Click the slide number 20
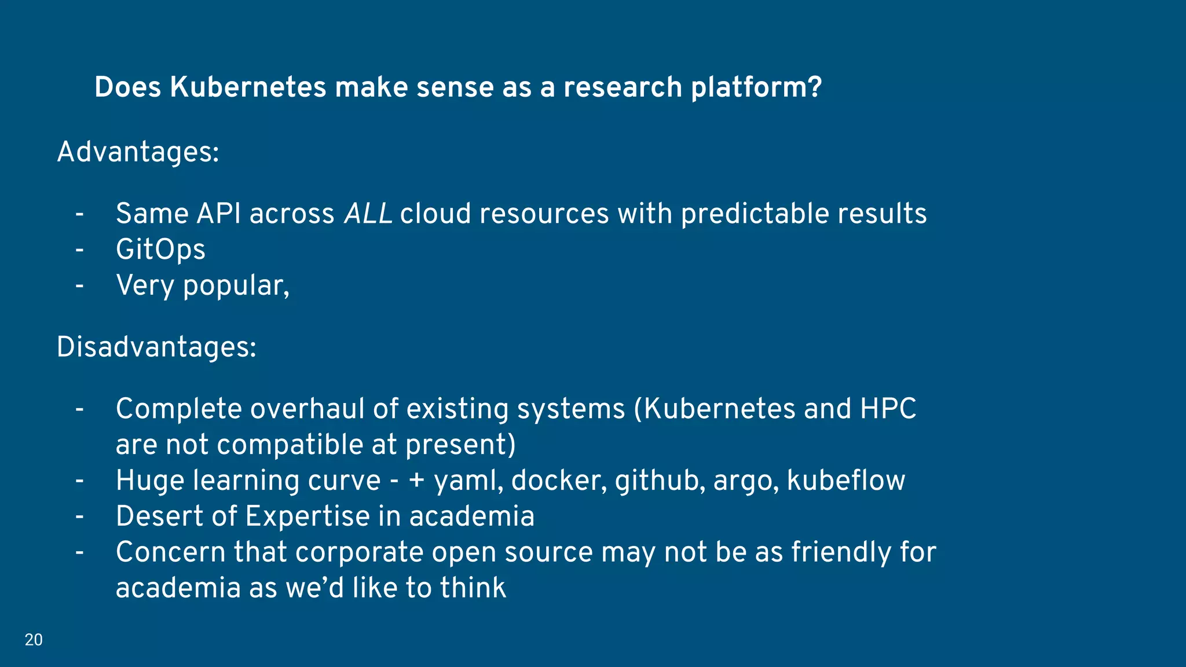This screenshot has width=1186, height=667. [x=34, y=640]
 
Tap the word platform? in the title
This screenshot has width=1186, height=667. [x=756, y=87]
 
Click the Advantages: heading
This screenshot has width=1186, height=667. [x=138, y=152]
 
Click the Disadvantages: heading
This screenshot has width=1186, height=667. [x=156, y=347]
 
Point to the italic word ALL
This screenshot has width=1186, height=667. [x=368, y=214]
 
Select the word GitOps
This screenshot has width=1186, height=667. [x=160, y=250]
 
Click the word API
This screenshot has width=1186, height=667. [x=219, y=214]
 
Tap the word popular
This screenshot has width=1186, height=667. [x=235, y=286]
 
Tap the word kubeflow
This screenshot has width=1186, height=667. [x=845, y=481]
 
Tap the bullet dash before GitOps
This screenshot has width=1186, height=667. [x=79, y=250]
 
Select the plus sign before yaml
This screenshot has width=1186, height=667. [x=417, y=481]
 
